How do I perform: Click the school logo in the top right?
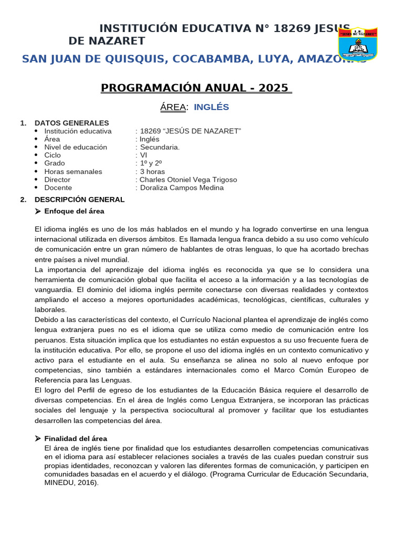pos(358,44)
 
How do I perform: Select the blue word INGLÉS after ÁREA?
pos(211,107)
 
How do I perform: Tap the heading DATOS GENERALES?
pos(72,123)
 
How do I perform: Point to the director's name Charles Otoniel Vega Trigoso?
pos(188,180)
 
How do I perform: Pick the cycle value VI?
pos(144,155)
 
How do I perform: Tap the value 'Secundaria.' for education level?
pos(160,147)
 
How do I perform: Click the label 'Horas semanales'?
pos(73,171)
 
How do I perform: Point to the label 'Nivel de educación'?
pos(76,147)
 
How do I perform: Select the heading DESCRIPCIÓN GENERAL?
pos(80,200)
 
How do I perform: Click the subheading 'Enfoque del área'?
pos(74,211)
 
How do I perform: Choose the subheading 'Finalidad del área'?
pos(76,438)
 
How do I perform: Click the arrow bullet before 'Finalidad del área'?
pos(38,438)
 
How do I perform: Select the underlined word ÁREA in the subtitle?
pos(173,107)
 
